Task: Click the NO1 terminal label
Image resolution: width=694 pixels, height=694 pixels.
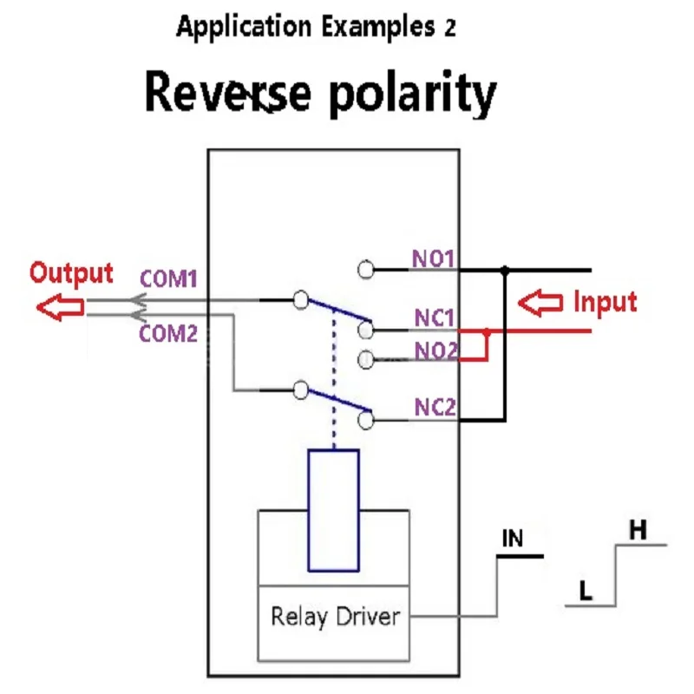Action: [x=433, y=259]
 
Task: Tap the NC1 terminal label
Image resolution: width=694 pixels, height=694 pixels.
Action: [x=435, y=318]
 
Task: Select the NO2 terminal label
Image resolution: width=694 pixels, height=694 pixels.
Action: [x=435, y=351]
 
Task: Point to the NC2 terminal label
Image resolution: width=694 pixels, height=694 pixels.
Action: [x=435, y=407]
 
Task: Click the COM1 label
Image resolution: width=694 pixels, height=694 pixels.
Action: [x=168, y=278]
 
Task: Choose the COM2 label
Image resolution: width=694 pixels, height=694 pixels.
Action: [x=168, y=334]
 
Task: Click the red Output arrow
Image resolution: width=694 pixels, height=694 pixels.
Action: [x=60, y=307]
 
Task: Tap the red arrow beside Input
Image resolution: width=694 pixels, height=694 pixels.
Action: [x=540, y=303]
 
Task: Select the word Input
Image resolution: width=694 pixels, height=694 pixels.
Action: [x=605, y=302]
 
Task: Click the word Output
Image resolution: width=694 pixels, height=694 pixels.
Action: [x=71, y=272]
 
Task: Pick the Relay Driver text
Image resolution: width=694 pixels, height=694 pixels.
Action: [x=335, y=617]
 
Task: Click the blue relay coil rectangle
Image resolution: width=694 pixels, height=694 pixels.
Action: [x=333, y=510]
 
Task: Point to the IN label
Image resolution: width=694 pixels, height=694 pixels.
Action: [x=513, y=538]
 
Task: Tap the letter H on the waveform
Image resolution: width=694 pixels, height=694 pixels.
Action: [x=638, y=529]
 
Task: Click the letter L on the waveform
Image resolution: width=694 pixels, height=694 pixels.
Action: [x=586, y=590]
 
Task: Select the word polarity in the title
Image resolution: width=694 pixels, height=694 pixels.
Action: [x=413, y=94]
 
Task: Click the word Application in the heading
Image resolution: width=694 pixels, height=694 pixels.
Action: [x=244, y=27]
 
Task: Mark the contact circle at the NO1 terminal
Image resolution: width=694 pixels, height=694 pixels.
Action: [x=365, y=270]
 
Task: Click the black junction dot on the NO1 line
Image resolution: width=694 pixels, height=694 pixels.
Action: [x=505, y=269]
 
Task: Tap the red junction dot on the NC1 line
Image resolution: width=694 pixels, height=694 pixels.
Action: [x=487, y=331]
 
